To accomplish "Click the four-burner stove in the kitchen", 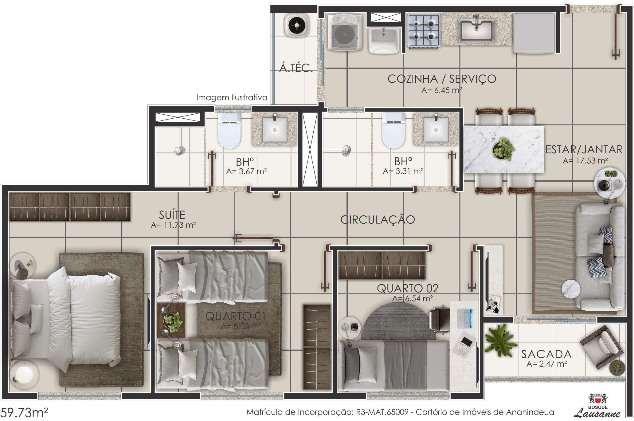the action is [424, 30].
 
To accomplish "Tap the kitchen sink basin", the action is [476, 30].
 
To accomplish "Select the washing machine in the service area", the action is [345, 32].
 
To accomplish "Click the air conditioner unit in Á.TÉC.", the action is [297, 25].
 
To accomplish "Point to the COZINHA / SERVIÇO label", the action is [442, 79].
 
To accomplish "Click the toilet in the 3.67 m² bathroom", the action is [229, 130].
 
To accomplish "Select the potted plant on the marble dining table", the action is [503, 149].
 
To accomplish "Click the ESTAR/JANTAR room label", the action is [584, 150].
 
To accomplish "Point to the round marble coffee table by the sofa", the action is [571, 289].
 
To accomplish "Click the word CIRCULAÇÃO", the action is [378, 220].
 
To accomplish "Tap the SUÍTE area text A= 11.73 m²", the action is [173, 225].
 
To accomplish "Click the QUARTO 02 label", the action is [408, 288].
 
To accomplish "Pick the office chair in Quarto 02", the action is [439, 320].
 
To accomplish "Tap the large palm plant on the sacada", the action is [500, 341].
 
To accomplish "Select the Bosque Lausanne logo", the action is [597, 406].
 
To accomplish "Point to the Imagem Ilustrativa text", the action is [232, 98].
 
